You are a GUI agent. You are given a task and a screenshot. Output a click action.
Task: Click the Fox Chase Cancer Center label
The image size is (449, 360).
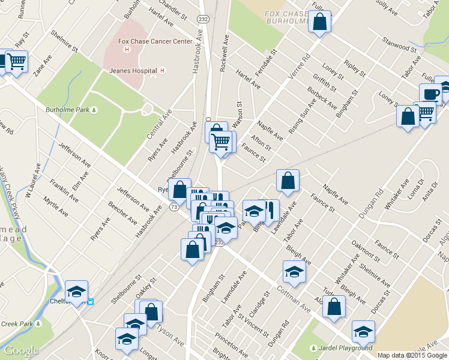(x=155, y=41)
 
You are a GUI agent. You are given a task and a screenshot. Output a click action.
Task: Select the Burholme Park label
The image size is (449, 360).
(x=67, y=110)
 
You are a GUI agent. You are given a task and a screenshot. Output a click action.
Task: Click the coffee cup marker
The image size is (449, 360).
(x=431, y=94)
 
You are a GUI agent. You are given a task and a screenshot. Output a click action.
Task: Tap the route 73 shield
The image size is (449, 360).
(x=173, y=207)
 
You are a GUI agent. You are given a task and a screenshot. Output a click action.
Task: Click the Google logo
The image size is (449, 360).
(x=22, y=351)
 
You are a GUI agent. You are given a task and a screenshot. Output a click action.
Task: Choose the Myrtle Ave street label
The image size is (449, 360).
(x=55, y=202)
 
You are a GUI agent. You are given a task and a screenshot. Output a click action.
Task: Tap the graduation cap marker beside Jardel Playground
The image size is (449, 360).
(x=364, y=331)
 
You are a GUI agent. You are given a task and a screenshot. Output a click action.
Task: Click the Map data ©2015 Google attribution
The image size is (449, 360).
(x=412, y=355)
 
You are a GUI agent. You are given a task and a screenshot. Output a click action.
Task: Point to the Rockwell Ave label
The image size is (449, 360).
(x=226, y=53)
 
